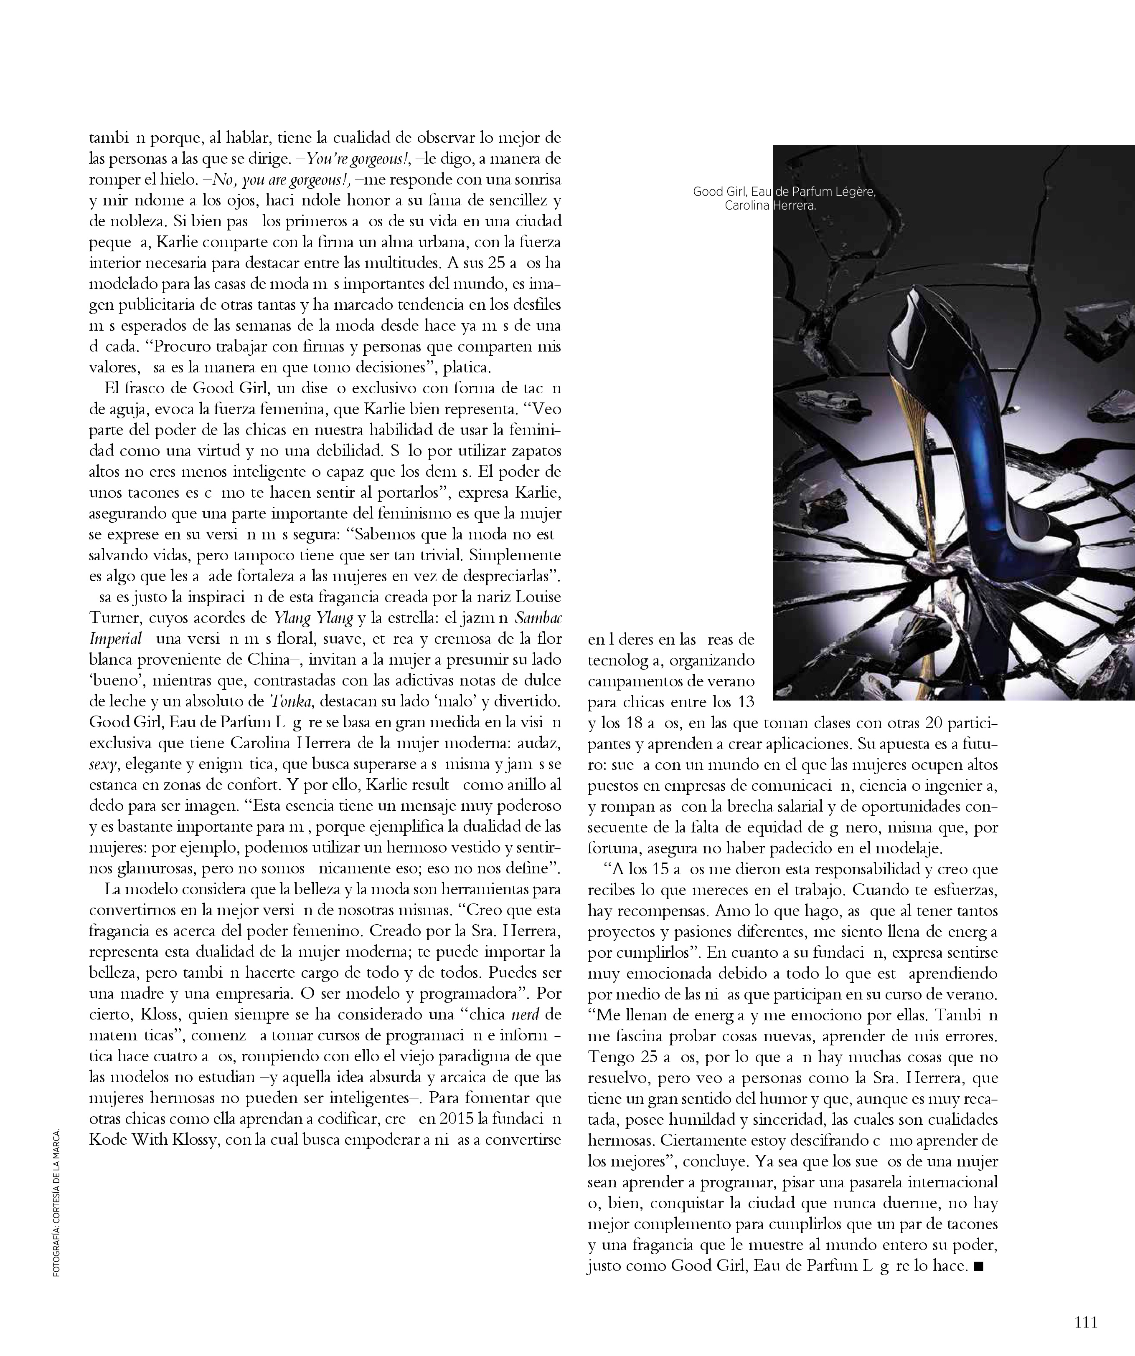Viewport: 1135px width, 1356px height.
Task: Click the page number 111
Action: pyautogui.click(x=1086, y=1322)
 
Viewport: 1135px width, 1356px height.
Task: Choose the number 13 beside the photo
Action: pyautogui.click(x=742, y=701)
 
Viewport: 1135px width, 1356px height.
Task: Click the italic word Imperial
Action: pyautogui.click(x=115, y=639)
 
